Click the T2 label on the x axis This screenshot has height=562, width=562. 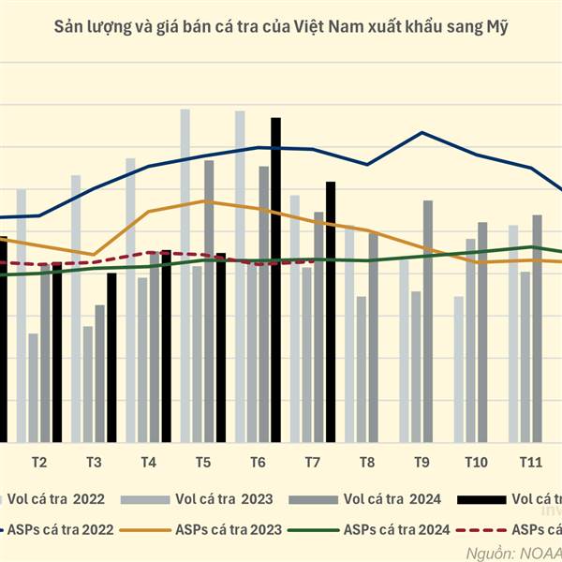click(40, 463)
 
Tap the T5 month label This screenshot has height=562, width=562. click(203, 463)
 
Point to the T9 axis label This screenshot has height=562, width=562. click(421, 463)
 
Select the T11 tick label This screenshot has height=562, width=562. click(531, 463)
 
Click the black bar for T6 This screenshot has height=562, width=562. click(275, 281)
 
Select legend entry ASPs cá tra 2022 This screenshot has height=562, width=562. click(70, 529)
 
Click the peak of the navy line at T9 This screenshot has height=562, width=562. click(422, 133)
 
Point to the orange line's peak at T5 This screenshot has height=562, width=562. click(203, 201)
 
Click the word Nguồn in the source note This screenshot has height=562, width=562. click(488, 553)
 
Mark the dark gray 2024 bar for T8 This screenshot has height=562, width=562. click(373, 337)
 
